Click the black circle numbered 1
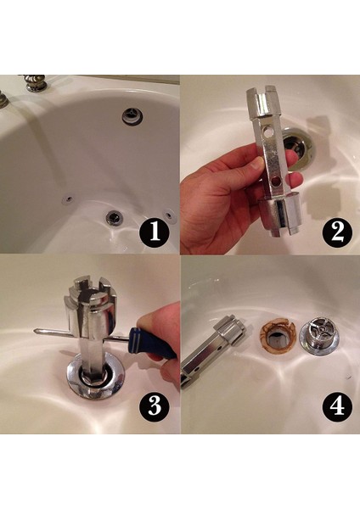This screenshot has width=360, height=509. pyautogui.click(x=155, y=232)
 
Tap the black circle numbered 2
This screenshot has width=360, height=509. pyautogui.click(x=337, y=232)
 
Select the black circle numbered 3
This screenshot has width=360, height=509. pyautogui.click(x=155, y=406)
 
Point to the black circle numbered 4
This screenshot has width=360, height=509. pyautogui.click(x=337, y=406)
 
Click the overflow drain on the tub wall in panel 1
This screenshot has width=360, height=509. pyautogui.click(x=132, y=115)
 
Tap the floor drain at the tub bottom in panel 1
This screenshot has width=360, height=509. pyautogui.click(x=114, y=217)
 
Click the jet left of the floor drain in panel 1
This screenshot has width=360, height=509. pyautogui.click(x=68, y=199)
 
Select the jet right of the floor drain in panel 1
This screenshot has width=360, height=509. pyautogui.click(x=169, y=215)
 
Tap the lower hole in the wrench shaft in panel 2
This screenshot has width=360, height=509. pyautogui.click(x=276, y=182)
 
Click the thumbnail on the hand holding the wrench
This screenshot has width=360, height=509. pyautogui.click(x=256, y=164)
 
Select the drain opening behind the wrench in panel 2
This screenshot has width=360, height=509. pyautogui.click(x=299, y=148)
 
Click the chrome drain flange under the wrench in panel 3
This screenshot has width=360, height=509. pyautogui.click(x=95, y=377)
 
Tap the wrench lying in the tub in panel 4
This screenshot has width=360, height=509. pyautogui.click(x=212, y=352)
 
